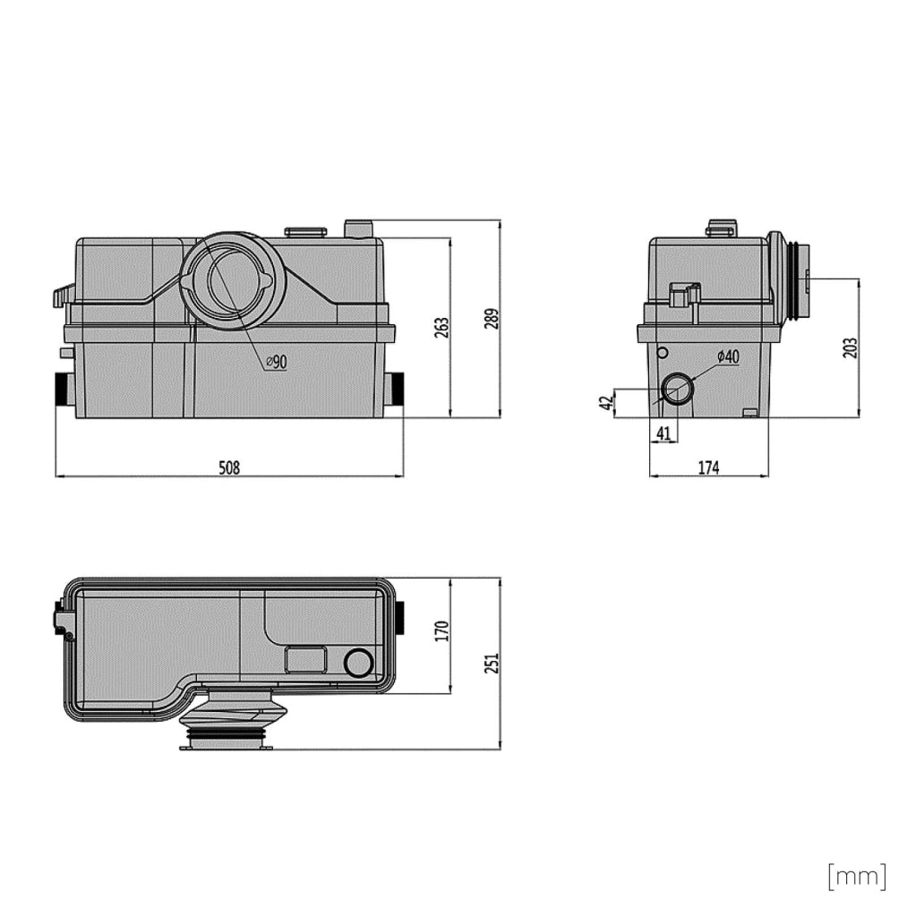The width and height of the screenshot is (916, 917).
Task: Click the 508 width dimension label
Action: click(229, 467)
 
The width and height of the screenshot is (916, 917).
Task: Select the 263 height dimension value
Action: click(442, 328)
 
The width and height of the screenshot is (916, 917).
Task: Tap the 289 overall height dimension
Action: click(492, 319)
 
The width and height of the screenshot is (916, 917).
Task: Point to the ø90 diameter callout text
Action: click(277, 362)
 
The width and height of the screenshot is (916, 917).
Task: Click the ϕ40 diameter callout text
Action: click(728, 356)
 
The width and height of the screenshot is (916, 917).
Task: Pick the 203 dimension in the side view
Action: click(851, 347)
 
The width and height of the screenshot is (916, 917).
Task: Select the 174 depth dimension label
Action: click(708, 467)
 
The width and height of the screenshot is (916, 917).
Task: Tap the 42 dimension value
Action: click(606, 402)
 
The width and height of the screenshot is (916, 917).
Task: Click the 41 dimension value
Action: click(663, 433)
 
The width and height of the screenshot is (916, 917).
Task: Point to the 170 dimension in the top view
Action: click(442, 631)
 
